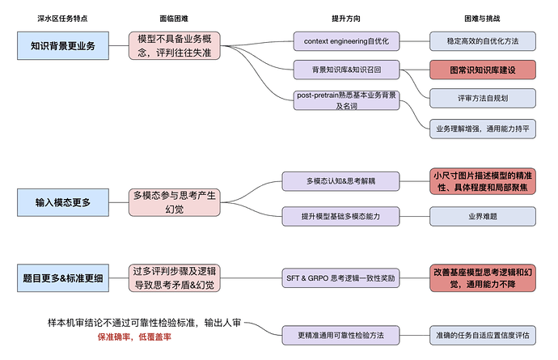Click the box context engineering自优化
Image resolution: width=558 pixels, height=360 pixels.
[345, 40]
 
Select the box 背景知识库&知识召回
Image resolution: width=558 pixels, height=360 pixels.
[345, 70]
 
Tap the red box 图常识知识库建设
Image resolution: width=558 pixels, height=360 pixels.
[482, 70]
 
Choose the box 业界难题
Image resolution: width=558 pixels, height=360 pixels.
[482, 216]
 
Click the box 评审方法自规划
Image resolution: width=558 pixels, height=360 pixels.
[482, 99]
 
